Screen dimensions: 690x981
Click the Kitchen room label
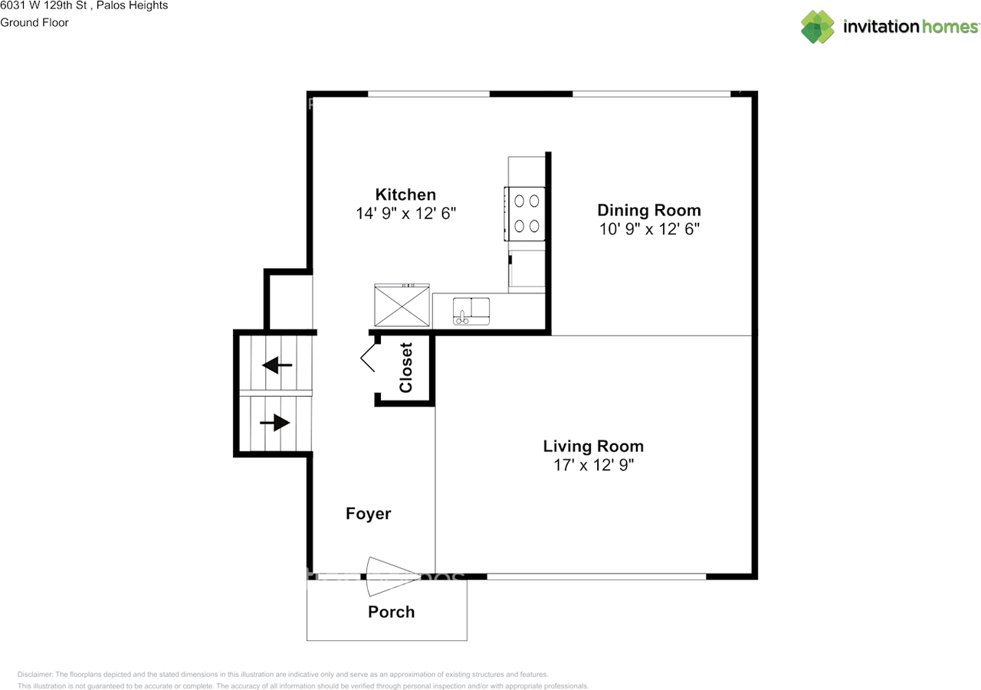pos(405,195)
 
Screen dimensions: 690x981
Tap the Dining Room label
pos(648,211)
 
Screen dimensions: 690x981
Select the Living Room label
pos(593,446)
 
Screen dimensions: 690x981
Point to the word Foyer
pos(368,514)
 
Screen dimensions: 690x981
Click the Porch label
pos(391,612)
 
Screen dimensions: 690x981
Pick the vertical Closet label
pos(405,368)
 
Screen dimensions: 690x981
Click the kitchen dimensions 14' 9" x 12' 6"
pos(405,214)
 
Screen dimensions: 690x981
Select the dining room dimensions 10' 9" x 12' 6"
pos(648,229)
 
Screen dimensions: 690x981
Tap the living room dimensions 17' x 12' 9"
pos(593,465)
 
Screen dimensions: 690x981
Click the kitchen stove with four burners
pos(526,214)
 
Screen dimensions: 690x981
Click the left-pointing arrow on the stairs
pos(277,365)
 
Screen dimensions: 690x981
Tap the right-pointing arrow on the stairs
pos(274,422)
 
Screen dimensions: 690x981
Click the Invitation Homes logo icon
pos(817,27)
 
